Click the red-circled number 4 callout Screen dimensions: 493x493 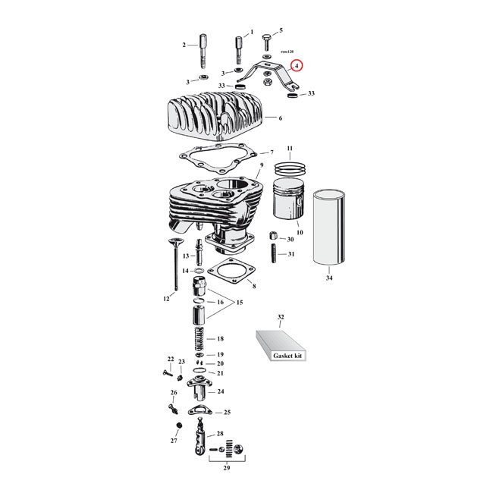[297, 66]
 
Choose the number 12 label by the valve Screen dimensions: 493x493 [166, 299]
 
